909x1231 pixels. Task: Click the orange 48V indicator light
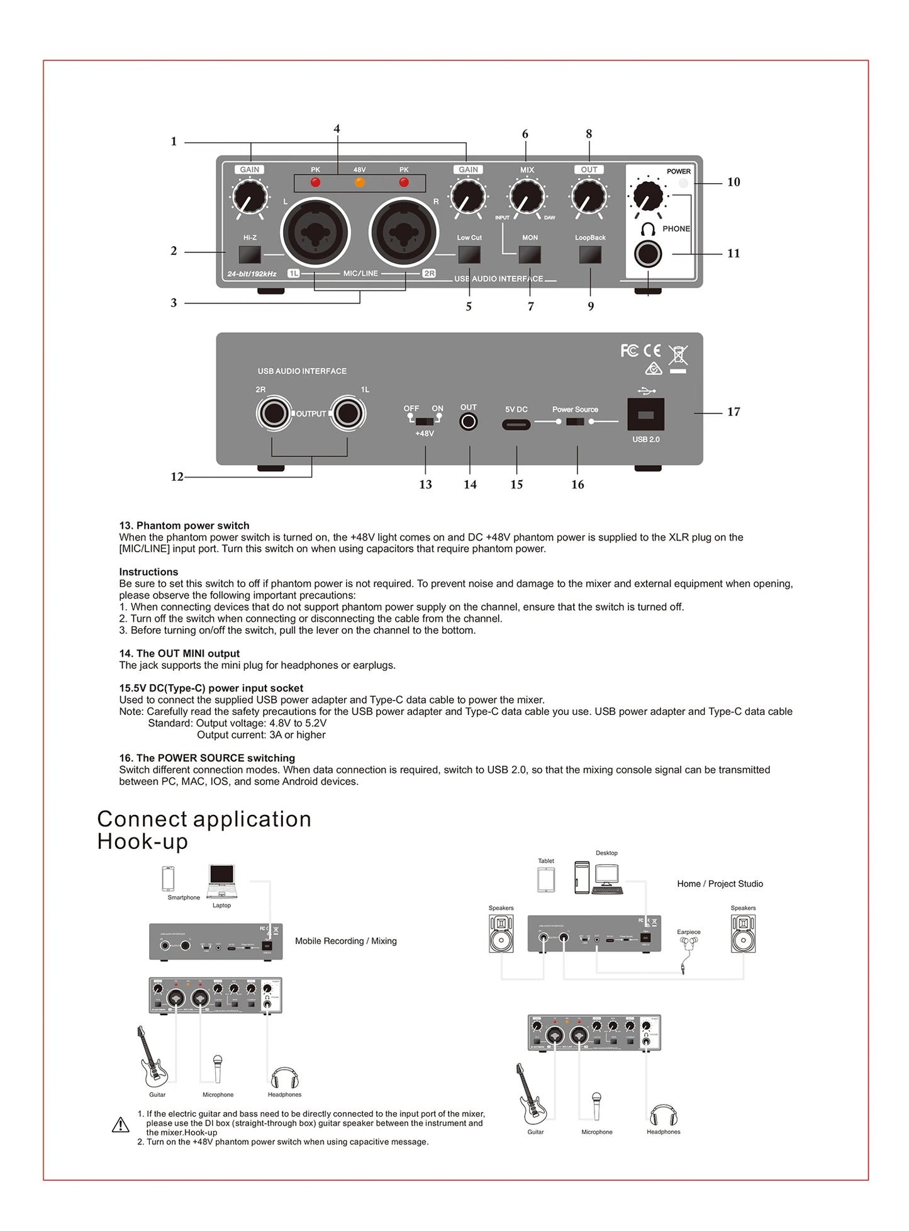pyautogui.click(x=360, y=183)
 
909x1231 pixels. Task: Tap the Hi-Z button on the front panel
pyautogui.click(x=250, y=254)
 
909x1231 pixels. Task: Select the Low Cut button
pyautogui.click(x=469, y=254)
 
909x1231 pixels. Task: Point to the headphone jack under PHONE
pyautogui.click(x=648, y=254)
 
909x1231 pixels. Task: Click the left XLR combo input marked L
pyautogui.click(x=315, y=233)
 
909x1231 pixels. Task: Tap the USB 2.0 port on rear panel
pyautogui.click(x=645, y=415)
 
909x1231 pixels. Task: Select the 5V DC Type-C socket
pyautogui.click(x=516, y=425)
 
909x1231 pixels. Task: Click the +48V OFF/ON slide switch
pyautogui.click(x=425, y=421)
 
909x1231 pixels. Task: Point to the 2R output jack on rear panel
pyautogui.click(x=274, y=414)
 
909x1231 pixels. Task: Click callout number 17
pyautogui.click(x=733, y=412)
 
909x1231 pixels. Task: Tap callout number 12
pyautogui.click(x=177, y=477)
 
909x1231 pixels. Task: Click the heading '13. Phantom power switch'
pyautogui.click(x=184, y=526)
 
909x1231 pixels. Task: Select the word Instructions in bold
pyautogui.click(x=148, y=572)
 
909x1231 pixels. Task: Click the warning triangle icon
pyautogui.click(x=120, y=1125)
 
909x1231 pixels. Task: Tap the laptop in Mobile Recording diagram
pyautogui.click(x=221, y=880)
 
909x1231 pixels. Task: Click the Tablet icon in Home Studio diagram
pyautogui.click(x=546, y=879)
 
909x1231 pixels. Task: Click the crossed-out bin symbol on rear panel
pyautogui.click(x=678, y=356)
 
